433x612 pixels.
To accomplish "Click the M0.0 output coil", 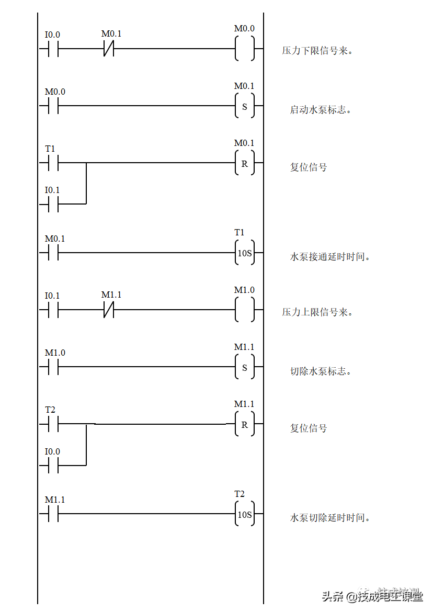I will click(245, 29).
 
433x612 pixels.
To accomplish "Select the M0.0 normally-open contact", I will click(55, 92).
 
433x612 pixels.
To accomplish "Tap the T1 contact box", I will click(55, 149).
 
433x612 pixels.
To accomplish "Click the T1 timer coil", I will click(245, 233).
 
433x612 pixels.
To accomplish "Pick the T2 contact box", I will click(55, 410).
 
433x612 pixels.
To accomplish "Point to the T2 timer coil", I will click(245, 494).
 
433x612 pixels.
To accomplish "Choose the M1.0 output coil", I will click(245, 290).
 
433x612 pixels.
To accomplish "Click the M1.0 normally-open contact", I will click(55, 353).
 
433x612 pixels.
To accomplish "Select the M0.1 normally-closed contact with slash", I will click(112, 34).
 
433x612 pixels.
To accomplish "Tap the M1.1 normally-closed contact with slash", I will click(112, 295).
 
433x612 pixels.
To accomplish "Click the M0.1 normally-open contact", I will click(55, 239).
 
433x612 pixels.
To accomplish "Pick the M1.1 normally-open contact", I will click(55, 500).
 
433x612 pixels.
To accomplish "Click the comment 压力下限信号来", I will click(325, 51).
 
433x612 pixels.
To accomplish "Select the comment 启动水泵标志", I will click(324, 110).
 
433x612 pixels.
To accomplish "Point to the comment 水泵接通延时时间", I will click(334, 257).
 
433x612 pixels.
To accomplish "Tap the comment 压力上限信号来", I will click(325, 312).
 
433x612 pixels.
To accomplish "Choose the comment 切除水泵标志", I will click(324, 371).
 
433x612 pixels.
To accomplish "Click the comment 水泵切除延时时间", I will click(334, 518).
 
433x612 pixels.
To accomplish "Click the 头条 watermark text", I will click(332, 595).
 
